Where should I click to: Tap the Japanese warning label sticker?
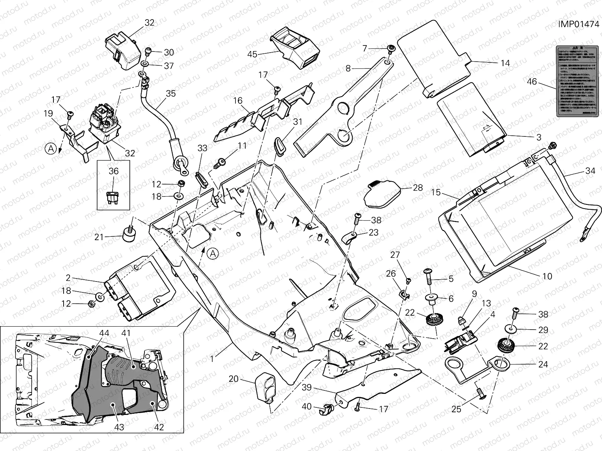tap(577, 81)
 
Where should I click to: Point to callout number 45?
tap(252, 54)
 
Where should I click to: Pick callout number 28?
tap(418, 188)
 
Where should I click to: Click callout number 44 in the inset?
tap(104, 333)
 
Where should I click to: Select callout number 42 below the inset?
tap(159, 427)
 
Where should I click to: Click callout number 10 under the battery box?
tap(547, 276)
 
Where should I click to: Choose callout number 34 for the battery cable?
tap(590, 171)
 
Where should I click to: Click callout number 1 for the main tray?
tap(212, 359)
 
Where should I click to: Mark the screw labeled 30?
tap(149, 51)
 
